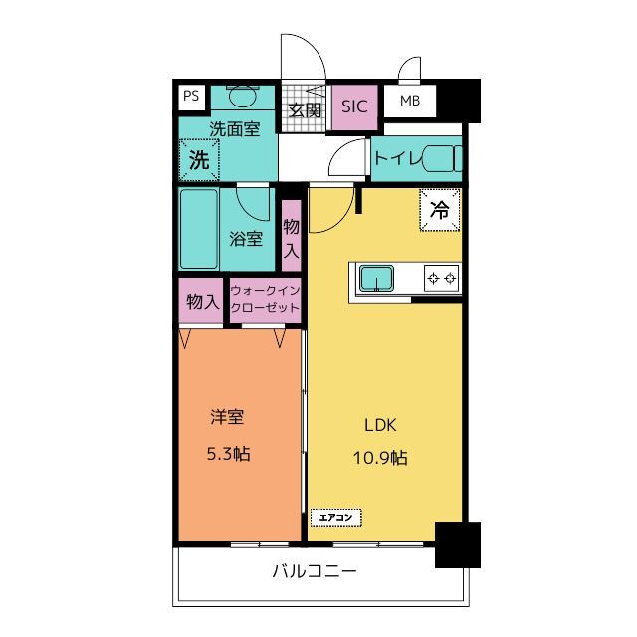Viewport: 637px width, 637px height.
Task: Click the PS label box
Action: (x=192, y=97)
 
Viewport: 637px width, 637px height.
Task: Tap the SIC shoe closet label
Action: (x=354, y=106)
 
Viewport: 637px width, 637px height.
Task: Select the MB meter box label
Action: (x=410, y=101)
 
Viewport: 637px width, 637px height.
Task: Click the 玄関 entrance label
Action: (x=305, y=110)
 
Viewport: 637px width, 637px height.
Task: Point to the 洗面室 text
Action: (x=235, y=129)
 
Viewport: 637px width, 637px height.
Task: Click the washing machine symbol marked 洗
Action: (x=199, y=160)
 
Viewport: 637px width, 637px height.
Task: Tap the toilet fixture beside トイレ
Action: (x=443, y=158)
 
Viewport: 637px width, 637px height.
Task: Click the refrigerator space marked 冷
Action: (x=440, y=210)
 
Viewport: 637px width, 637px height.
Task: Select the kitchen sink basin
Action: (x=376, y=279)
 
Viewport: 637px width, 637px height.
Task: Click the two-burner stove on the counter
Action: (x=442, y=279)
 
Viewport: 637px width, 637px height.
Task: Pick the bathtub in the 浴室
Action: (x=199, y=229)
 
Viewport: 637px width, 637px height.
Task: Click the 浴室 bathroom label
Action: (x=246, y=239)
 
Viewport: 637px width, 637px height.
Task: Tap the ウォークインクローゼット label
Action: (x=266, y=299)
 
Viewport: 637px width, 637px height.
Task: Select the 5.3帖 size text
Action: (x=229, y=454)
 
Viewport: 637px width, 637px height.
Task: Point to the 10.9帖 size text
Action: (x=380, y=458)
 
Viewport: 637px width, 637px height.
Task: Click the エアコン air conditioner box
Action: (x=336, y=518)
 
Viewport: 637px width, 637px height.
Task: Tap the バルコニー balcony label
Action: (x=315, y=571)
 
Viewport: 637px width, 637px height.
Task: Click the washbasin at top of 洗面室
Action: (x=243, y=97)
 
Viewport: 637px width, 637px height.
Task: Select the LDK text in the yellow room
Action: (x=380, y=425)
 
